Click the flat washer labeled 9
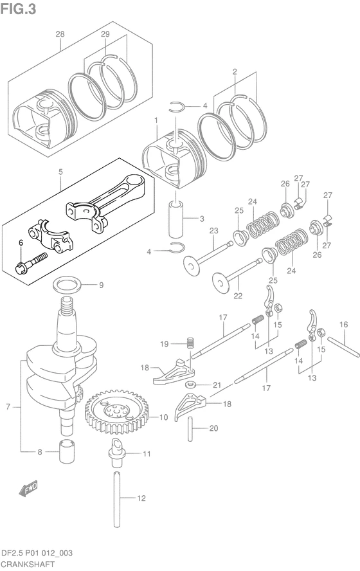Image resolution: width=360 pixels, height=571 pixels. [x=67, y=284]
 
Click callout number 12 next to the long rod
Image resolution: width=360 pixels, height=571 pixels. [x=141, y=498]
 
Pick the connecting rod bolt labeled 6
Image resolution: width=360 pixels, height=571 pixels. [x=32, y=263]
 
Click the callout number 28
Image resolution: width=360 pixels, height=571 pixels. [x=60, y=34]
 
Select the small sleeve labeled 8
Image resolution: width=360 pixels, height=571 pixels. [x=67, y=452]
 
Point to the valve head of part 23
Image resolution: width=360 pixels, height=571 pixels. [x=193, y=266]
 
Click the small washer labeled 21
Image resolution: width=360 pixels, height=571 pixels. [x=191, y=385]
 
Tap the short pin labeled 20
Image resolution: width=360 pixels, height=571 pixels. [x=190, y=430]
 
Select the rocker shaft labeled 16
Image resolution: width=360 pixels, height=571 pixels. [x=343, y=347]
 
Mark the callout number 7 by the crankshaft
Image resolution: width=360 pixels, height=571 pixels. [x=8, y=406]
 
